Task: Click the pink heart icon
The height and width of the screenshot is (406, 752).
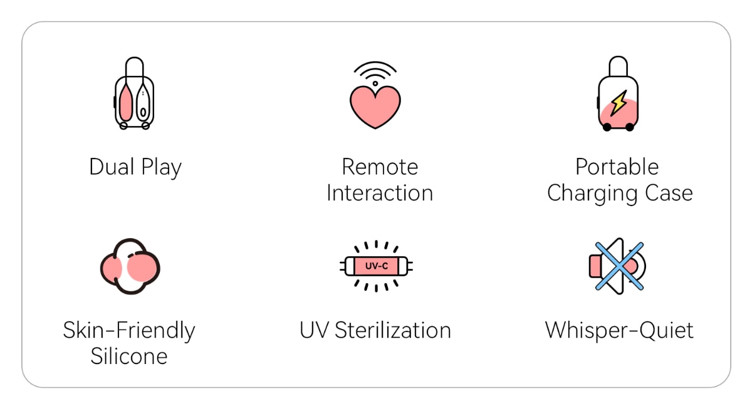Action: (375, 107)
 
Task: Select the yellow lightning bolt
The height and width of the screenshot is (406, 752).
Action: (619, 103)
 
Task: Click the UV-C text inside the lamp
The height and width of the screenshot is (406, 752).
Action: (377, 266)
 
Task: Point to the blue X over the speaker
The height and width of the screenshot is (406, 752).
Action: (619, 266)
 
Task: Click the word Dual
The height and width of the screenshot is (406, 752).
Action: (112, 167)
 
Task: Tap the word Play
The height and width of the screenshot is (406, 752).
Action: (161, 168)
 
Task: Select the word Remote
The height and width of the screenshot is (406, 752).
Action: (380, 167)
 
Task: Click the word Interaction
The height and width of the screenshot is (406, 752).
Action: (380, 193)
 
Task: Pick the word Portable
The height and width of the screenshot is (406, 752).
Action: (617, 167)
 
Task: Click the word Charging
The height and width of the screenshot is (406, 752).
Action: (592, 194)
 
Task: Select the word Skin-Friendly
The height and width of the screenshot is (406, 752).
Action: (129, 331)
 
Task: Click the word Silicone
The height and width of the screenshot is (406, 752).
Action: (129, 356)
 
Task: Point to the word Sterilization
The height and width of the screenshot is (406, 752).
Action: (393, 330)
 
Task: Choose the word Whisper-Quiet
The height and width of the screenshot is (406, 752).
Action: (619, 331)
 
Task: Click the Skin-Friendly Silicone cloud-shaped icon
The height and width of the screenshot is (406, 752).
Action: (130, 266)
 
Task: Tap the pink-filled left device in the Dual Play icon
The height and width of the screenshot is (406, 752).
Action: (126, 103)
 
